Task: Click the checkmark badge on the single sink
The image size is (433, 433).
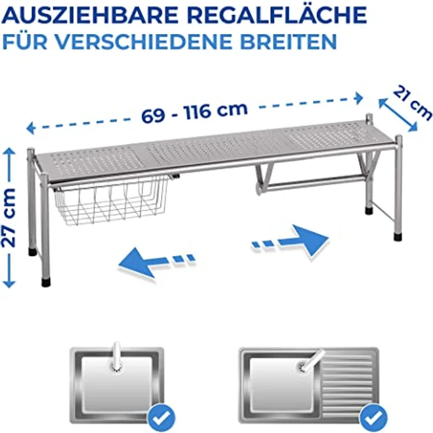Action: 159,417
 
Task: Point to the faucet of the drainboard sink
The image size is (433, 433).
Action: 311,359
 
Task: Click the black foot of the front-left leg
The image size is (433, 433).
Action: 46,282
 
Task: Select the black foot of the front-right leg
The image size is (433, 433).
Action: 398,238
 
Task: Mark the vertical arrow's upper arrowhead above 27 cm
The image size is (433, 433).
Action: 9,154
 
